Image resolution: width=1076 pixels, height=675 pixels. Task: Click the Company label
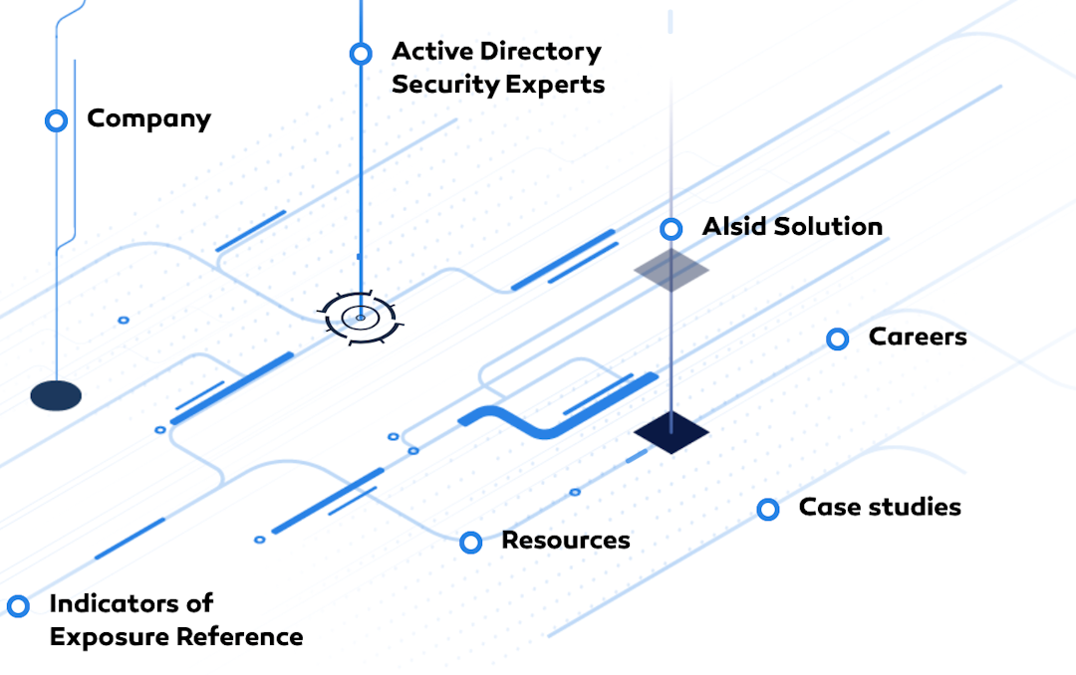[148, 118]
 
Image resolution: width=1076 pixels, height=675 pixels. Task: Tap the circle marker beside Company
[56, 120]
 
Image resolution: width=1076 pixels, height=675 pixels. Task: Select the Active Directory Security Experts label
[497, 68]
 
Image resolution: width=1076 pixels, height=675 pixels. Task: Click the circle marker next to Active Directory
[361, 53]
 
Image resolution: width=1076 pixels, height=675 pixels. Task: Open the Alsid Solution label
[792, 226]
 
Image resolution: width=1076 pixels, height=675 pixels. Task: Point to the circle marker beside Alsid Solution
[672, 229]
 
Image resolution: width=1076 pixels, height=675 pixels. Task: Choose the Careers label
[918, 337]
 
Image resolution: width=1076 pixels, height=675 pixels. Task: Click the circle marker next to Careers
[838, 339]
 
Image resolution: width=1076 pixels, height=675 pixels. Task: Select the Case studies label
[880, 507]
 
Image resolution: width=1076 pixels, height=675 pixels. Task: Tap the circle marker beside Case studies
[767, 510]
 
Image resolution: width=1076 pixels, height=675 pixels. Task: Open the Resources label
[565, 540]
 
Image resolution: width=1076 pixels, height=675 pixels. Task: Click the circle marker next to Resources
[471, 543]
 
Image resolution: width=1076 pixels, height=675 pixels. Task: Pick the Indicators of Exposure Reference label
[175, 619]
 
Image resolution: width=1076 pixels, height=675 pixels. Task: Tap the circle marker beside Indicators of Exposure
[18, 605]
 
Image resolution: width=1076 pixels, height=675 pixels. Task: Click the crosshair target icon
[360, 318]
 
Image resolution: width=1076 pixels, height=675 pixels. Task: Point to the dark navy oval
[56, 395]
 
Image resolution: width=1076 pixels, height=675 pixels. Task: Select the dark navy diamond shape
[672, 432]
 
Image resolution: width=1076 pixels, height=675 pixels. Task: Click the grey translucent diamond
[672, 269]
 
